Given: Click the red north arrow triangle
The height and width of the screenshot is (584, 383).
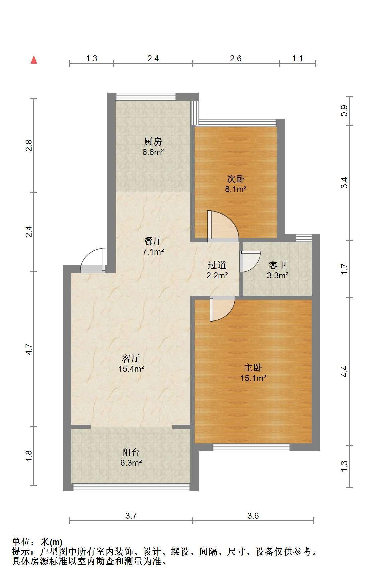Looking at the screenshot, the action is tap(34, 60).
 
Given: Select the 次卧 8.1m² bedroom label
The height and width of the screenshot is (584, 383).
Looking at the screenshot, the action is tap(236, 184).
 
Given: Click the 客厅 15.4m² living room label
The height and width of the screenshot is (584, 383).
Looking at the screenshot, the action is tap(131, 364).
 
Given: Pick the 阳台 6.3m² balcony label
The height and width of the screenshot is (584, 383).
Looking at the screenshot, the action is tap(131, 457).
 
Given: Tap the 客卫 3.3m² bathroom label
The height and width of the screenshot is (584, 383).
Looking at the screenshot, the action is tap(278, 270).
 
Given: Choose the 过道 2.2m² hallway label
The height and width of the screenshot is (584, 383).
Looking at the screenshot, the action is tap(217, 270).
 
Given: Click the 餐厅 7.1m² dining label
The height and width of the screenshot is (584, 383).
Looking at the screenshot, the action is tap(153, 246).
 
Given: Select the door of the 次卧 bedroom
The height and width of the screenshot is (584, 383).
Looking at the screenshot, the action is tap(222, 226).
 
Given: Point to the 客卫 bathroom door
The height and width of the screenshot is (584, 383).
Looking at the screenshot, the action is tap(250, 261).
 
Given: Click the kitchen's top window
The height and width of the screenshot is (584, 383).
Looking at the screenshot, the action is tap(146, 96).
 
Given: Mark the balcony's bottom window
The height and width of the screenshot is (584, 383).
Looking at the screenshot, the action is tap(131, 487).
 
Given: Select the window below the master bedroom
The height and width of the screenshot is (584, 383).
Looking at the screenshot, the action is tap(251, 447).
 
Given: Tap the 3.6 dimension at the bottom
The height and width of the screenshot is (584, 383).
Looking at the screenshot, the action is tap(253, 516).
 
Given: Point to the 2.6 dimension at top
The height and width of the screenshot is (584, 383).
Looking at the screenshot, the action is tap(236, 58).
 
